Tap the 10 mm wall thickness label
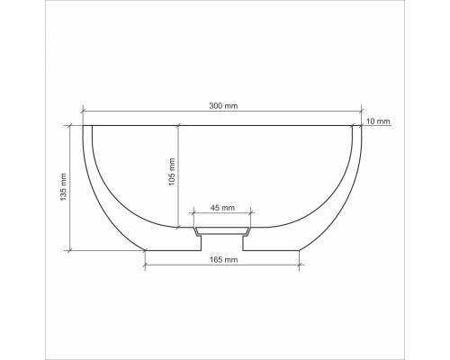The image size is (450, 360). [379, 121]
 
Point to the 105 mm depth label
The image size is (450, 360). [172, 172]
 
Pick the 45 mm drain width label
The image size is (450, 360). [222, 208]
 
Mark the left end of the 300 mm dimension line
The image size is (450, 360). [83, 112]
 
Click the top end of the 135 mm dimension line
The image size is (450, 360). [70, 125]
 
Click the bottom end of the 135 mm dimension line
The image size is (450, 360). [70, 249]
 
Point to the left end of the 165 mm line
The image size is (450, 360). [146, 265]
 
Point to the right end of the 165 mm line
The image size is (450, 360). [300, 265]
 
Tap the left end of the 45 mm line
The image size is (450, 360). [193, 213]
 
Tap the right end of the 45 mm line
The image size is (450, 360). [252, 213]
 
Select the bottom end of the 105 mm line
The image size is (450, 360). [178, 227]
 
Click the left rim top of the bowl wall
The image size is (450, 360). [87, 126]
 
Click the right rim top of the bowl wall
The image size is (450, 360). [358, 126]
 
